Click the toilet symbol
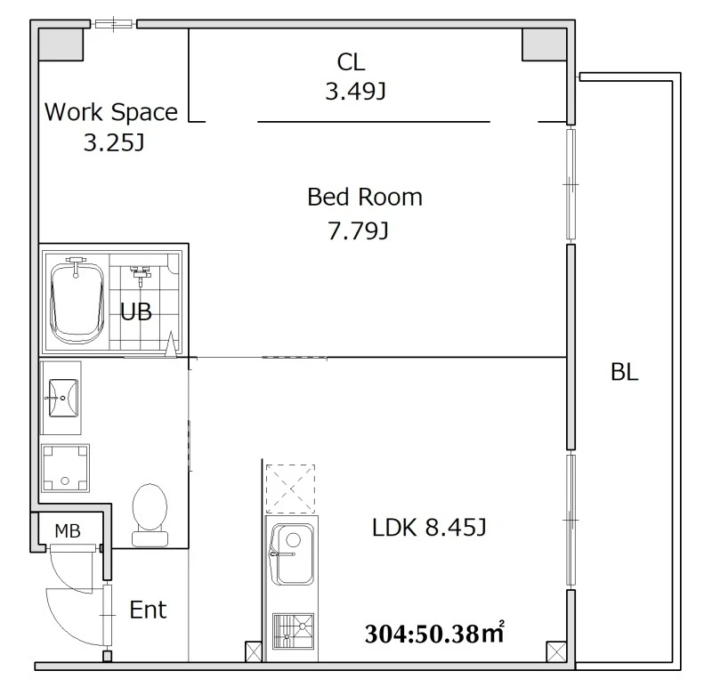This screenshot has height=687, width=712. click(x=150, y=515)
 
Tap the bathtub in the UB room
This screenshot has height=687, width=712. click(x=76, y=301)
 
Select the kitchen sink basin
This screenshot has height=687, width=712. click(x=292, y=554)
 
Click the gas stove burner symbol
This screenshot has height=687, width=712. click(x=293, y=631)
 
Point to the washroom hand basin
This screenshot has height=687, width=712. click(x=62, y=398)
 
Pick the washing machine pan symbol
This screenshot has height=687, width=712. click(x=65, y=468)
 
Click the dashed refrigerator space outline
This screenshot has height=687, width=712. click(x=290, y=489)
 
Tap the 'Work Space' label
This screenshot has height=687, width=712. click(x=111, y=112)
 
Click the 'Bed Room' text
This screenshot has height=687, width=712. click(x=365, y=197)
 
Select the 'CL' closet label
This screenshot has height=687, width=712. click(x=351, y=61)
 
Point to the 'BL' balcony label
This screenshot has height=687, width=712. click(x=625, y=372)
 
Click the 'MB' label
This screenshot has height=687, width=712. click(x=68, y=530)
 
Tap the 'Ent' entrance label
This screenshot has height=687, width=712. click(x=148, y=610)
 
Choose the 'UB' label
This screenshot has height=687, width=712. click(x=136, y=312)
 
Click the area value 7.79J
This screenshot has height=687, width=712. click(x=359, y=231)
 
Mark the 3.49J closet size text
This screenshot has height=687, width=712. click(x=355, y=92)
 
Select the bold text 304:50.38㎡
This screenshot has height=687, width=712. click(x=434, y=633)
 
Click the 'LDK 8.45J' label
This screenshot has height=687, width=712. click(x=429, y=528)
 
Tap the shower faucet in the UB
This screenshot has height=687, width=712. click(x=141, y=275)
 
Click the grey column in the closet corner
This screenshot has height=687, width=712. click(x=545, y=44)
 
